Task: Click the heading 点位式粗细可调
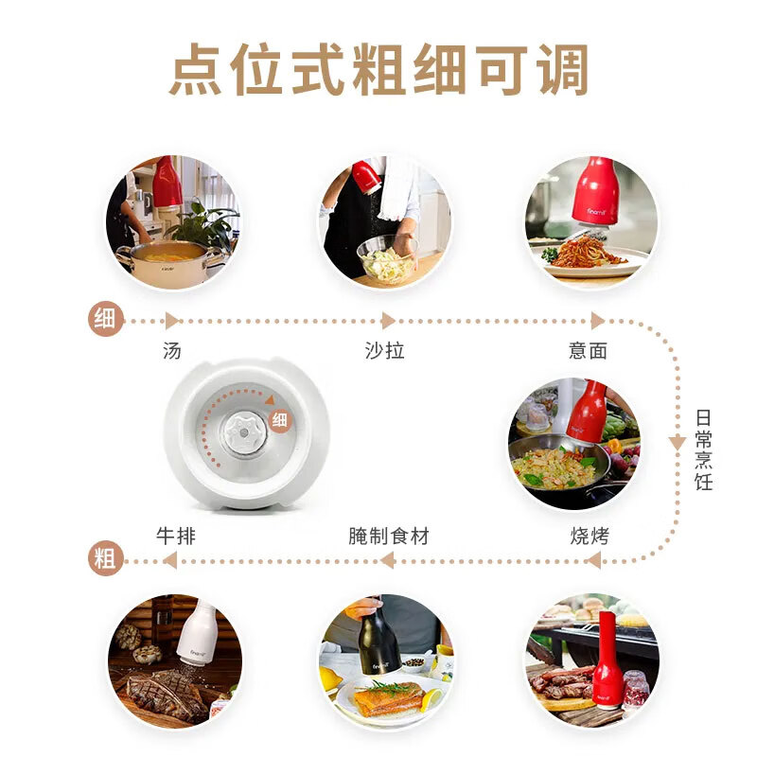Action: point(378,70)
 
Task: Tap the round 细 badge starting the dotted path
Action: point(104,319)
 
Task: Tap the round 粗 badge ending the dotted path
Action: point(105,559)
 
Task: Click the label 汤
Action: point(171,351)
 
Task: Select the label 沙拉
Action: point(384,351)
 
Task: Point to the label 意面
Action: point(588,351)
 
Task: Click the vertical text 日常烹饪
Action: point(703,449)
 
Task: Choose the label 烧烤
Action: point(590,537)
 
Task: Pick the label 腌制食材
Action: point(388,537)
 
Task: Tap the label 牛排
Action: point(176,537)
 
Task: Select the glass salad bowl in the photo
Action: point(386,258)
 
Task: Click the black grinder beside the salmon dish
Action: point(378,635)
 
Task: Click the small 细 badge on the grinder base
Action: point(280,420)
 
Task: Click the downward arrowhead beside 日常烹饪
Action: point(677,442)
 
